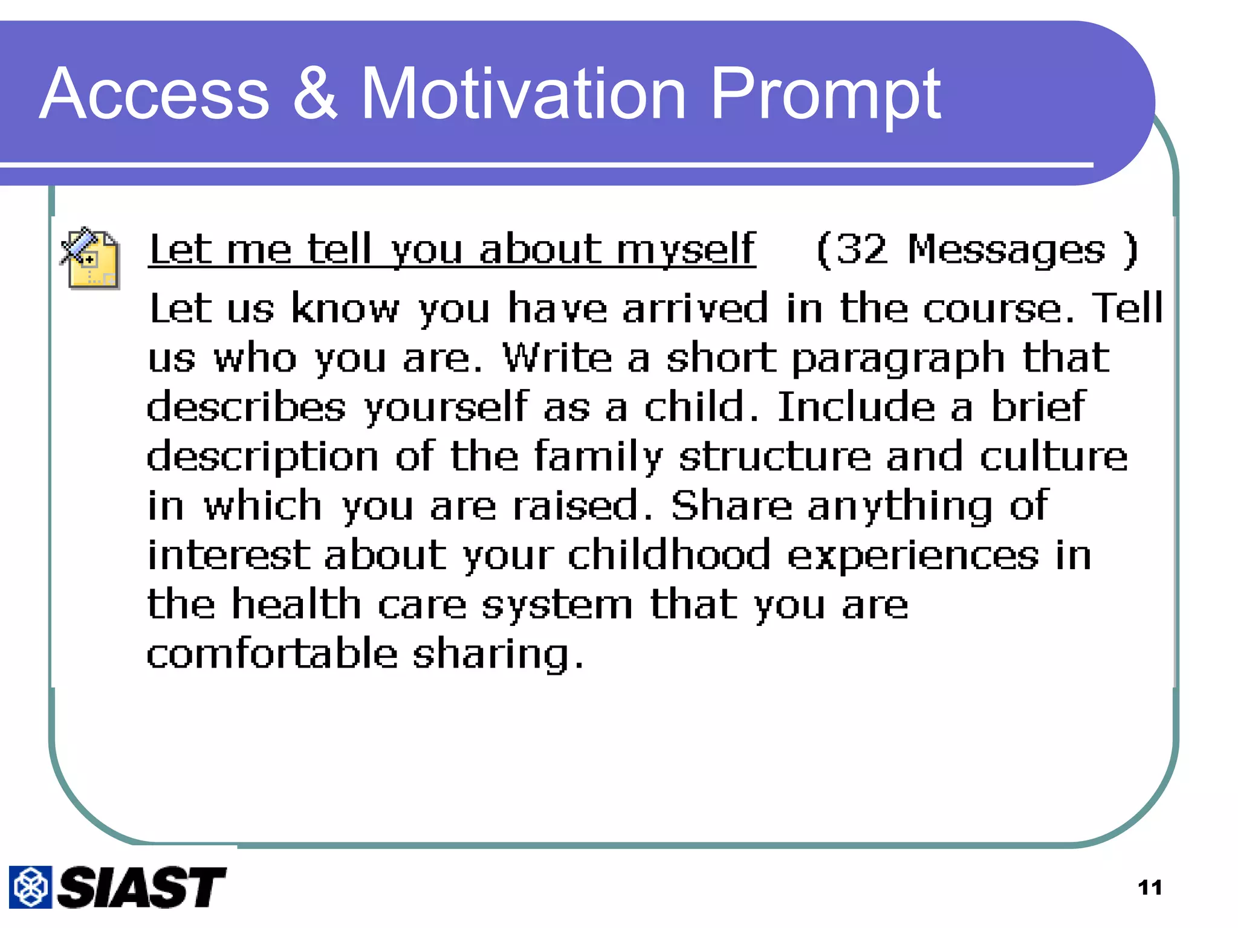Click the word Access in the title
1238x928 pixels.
pyautogui.click(x=154, y=95)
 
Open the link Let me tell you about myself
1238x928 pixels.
pyautogui.click(x=452, y=250)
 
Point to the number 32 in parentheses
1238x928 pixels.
pyautogui.click(x=862, y=250)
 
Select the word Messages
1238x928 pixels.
pyautogui.click(x=1006, y=250)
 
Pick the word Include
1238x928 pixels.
pyautogui.click(x=856, y=407)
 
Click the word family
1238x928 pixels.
pyautogui.click(x=598, y=457)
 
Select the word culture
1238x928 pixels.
pyautogui.click(x=1053, y=456)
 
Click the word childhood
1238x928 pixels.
pyautogui.click(x=669, y=555)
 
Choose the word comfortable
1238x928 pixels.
pyautogui.click(x=272, y=654)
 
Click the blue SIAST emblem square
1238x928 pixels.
pyautogui.click(x=30, y=887)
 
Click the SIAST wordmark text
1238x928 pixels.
pyautogui.click(x=142, y=887)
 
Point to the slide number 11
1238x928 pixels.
pyautogui.click(x=1149, y=888)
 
